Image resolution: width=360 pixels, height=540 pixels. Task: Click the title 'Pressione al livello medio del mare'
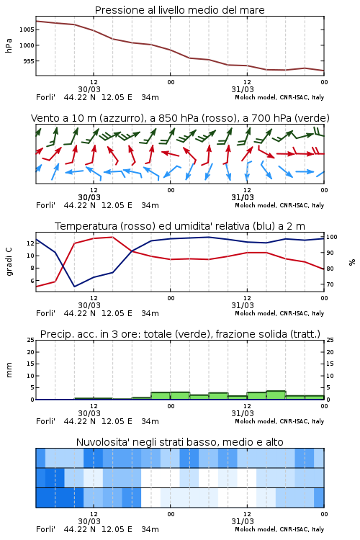click(179, 10)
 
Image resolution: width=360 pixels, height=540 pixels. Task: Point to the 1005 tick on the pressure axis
click(27, 30)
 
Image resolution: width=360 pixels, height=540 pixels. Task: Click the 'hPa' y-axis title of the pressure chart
click(9, 45)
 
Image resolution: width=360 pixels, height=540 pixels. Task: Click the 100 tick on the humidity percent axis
click(332, 237)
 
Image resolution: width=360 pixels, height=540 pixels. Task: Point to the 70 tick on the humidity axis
click(330, 284)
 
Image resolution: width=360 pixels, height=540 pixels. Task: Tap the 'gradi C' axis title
click(9, 261)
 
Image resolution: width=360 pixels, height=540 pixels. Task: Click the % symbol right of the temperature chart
click(352, 262)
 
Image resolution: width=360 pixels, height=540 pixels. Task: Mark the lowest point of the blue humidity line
click(74, 287)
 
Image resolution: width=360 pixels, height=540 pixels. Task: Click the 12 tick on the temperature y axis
click(30, 243)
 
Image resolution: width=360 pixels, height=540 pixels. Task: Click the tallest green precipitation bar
click(276, 395)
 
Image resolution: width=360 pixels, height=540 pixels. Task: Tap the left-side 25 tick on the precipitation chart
click(31, 340)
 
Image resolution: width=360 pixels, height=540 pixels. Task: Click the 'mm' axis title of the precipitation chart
click(9, 370)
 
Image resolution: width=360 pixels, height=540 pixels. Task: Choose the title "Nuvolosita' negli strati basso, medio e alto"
click(179, 442)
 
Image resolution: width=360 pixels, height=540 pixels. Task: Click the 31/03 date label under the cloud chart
click(243, 521)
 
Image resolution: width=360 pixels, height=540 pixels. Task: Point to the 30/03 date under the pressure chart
click(89, 89)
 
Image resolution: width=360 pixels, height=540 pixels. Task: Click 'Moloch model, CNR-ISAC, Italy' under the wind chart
click(279, 205)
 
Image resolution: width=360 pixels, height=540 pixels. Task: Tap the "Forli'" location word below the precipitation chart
click(45, 421)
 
